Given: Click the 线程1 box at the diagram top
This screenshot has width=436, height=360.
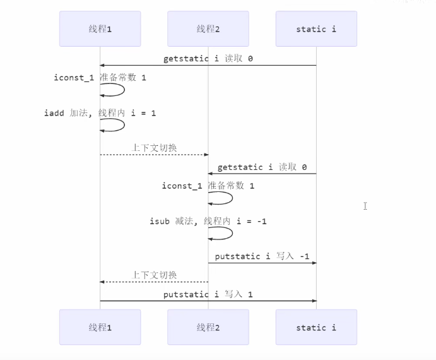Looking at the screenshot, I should coord(100,29).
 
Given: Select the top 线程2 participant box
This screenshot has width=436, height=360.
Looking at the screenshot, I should coord(208,29).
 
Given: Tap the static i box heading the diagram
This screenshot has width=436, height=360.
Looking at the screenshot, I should coord(316,29).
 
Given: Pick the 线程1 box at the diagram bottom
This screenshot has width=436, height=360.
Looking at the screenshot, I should coord(100,327).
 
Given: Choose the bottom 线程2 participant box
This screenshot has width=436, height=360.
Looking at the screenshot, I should coord(208,327).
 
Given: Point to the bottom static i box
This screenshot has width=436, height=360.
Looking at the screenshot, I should coord(316,327).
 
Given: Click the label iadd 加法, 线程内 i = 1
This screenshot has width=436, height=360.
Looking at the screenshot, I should coord(100,113).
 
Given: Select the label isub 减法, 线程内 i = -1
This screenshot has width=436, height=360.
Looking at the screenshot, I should coord(208,221).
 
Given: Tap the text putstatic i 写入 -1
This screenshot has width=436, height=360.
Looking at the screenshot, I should coord(262,256).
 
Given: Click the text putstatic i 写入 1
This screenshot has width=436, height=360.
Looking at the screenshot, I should coord(208,294).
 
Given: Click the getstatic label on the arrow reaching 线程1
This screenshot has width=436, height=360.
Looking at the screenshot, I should coord(208,59).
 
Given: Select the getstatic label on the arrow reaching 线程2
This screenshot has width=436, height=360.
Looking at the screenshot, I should coord(262,167).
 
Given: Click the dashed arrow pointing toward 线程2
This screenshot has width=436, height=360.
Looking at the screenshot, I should coord(154,155).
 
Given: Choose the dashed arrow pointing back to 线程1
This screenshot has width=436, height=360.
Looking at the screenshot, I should coord(154,282).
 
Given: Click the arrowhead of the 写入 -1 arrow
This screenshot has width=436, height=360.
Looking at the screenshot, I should coord(313,263).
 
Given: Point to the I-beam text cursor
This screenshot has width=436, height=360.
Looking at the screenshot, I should coord(365,206).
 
